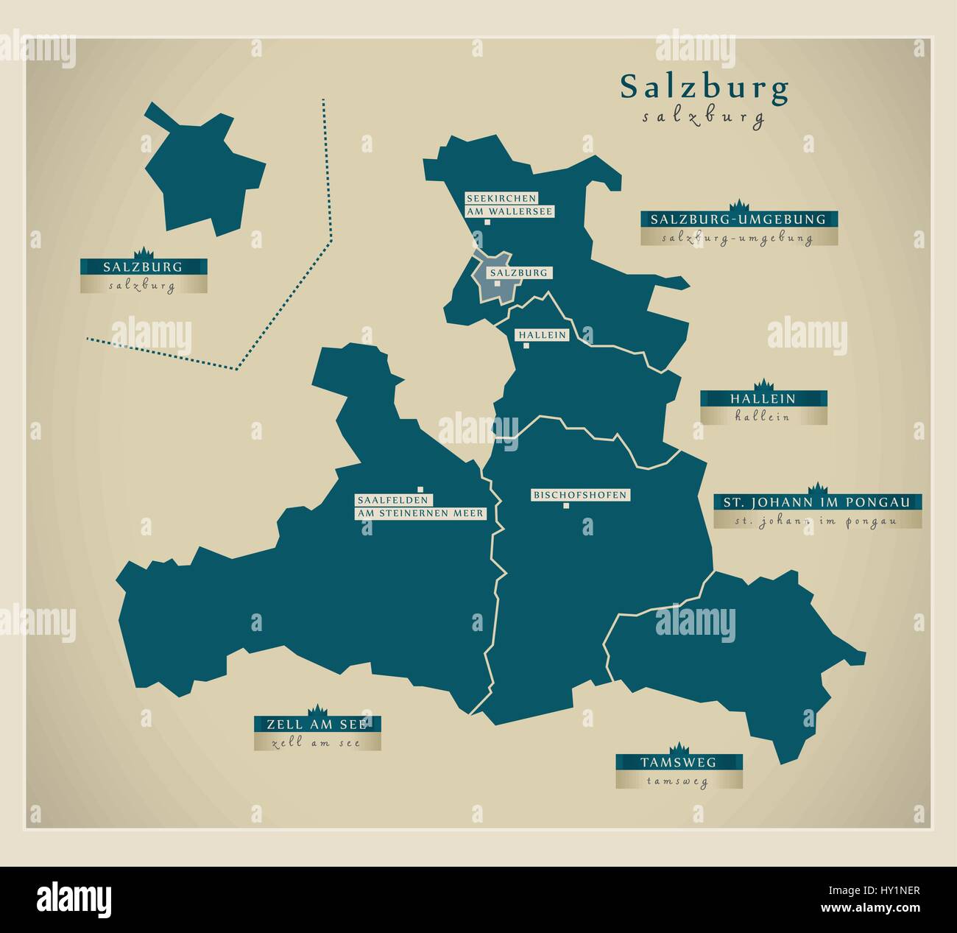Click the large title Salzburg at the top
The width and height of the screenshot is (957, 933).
pyautogui.click(x=704, y=87)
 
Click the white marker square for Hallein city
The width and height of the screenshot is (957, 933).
pyautogui.click(x=526, y=345)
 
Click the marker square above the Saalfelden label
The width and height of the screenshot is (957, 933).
pyautogui.click(x=420, y=488)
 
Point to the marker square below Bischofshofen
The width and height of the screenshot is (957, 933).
pyautogui.click(x=566, y=506)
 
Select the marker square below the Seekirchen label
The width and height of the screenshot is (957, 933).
pyautogui.click(x=477, y=221)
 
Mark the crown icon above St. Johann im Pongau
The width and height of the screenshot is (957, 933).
pyautogui.click(x=816, y=487)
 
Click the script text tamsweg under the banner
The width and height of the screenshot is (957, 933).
pyautogui.click(x=679, y=782)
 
